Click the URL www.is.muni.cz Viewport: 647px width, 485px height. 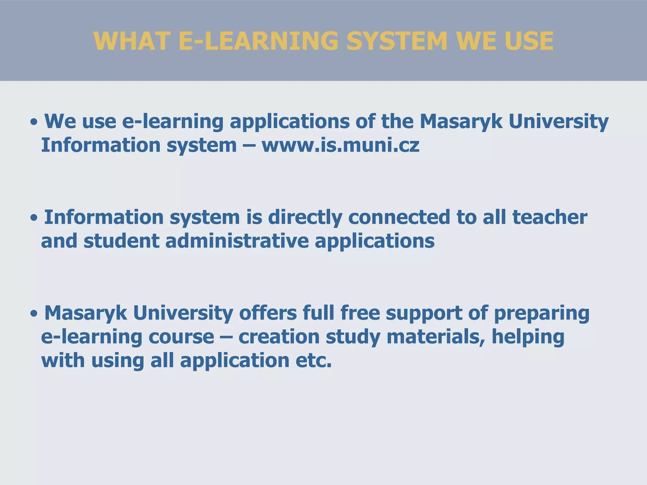341,145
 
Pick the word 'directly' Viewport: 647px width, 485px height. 305,218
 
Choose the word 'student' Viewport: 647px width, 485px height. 121,241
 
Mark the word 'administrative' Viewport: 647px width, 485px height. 237,241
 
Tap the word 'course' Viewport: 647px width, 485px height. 181,337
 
